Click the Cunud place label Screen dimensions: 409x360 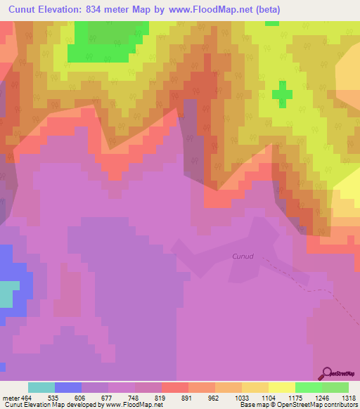coord(243,257)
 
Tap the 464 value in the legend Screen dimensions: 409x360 coord(27,398)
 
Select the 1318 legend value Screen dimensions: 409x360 coord(349,398)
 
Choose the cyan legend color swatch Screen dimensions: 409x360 coord(41,387)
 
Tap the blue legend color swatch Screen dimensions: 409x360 coord(68,387)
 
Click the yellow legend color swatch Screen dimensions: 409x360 coord(281,387)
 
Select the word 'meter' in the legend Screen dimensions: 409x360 coord(10,398)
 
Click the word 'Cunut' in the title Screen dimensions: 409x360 coord(29,9)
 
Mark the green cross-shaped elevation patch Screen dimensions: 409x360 coord(283,94)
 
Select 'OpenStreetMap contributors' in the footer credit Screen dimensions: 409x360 coord(313,405)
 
